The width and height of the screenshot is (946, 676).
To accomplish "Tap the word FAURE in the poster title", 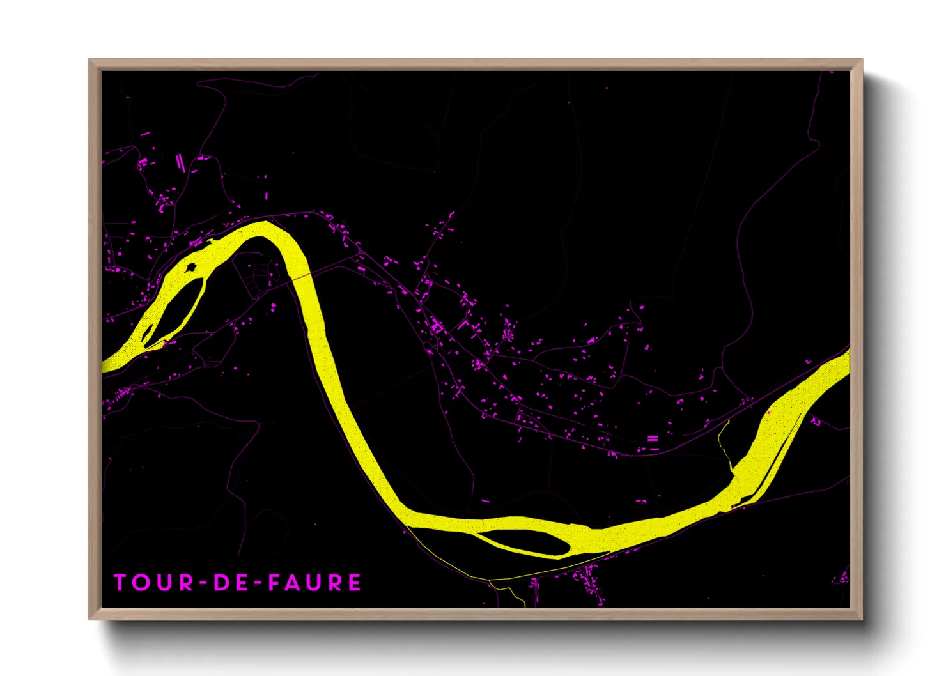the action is pyautogui.click(x=314, y=583).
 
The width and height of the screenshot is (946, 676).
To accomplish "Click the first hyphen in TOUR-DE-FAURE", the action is pyautogui.click(x=202, y=583).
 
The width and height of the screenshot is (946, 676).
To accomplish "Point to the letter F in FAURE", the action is pyautogui.click(x=275, y=583).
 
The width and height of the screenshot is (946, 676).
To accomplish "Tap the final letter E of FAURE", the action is pyautogui.click(x=353, y=583).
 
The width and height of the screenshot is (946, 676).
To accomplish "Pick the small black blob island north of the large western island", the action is pyautogui.click(x=191, y=268).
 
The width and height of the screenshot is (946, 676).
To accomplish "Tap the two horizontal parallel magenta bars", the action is pyautogui.click(x=653, y=438).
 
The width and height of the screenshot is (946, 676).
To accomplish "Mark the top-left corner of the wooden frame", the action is pyautogui.click(x=89, y=59).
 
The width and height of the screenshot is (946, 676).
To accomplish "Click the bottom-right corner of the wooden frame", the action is pyautogui.click(x=862, y=618).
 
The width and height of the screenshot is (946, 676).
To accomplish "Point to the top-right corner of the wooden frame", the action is pyautogui.click(x=862, y=59).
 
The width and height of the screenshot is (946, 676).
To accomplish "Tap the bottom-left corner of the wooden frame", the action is pyautogui.click(x=89, y=618).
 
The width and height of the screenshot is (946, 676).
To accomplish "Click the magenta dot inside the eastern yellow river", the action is pyautogui.click(x=770, y=413).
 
